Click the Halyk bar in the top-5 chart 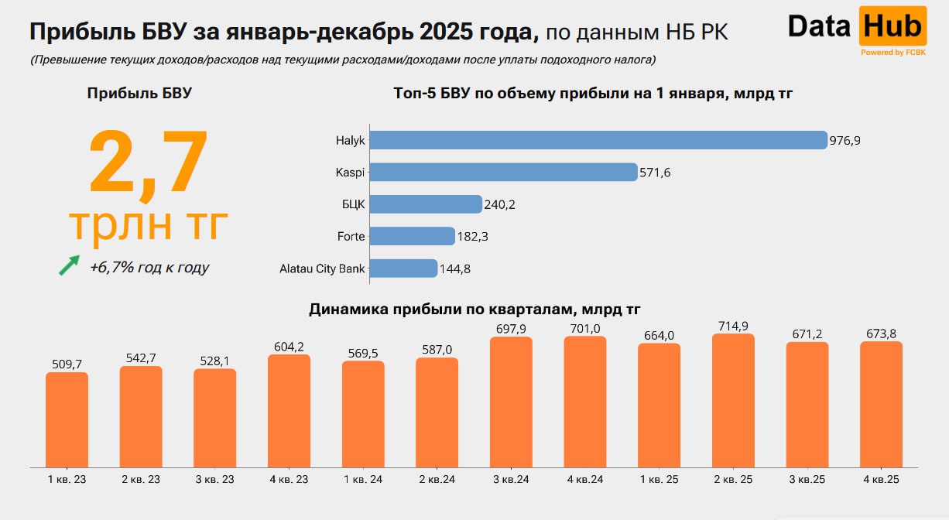coord(598,140)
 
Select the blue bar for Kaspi coord(503,172)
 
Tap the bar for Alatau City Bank coord(403,269)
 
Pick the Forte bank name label coord(351,236)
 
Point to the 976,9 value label coord(845,141)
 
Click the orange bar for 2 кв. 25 coord(733,400)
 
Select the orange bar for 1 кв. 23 coord(67,419)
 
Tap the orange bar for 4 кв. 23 coord(289,410)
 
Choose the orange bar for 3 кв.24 coord(511,402)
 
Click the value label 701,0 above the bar coord(584,329)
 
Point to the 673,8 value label coord(881,334)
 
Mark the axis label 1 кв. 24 coord(363,480)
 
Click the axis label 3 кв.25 coord(807,480)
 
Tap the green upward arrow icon coord(70,265)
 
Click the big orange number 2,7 coord(149,162)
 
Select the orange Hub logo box coord(892,26)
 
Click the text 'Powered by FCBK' coord(893,53)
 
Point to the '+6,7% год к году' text coord(149,268)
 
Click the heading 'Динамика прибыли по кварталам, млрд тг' coord(474,310)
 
